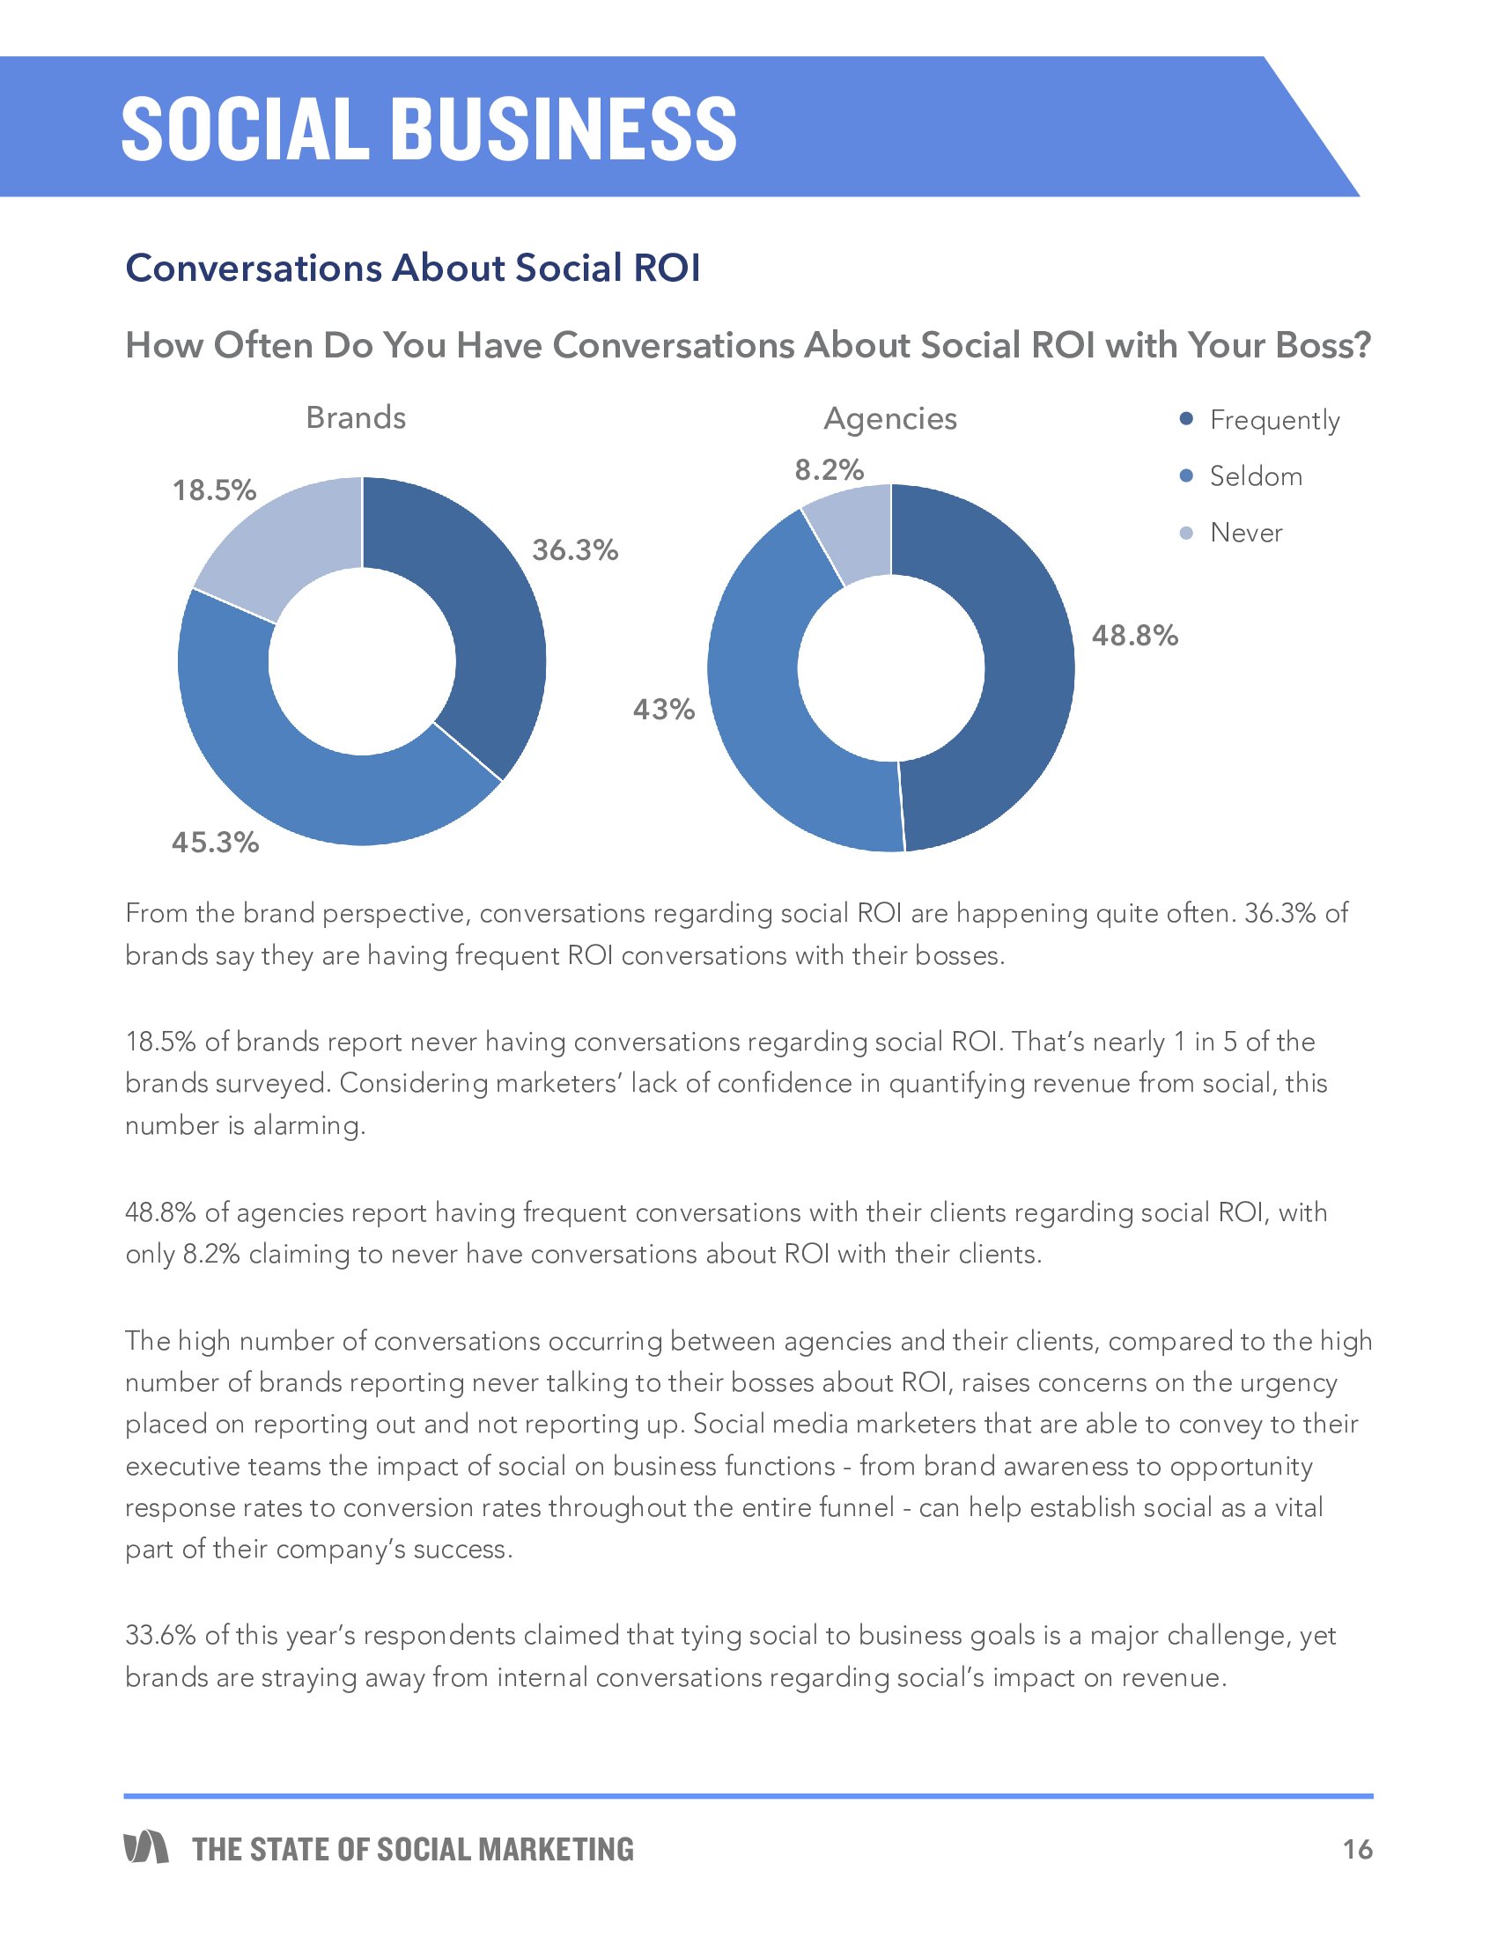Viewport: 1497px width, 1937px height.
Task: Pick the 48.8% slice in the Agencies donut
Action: coord(1020,674)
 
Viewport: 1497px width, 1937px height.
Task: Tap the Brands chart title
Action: coord(356,417)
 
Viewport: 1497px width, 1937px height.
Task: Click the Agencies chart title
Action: coord(889,418)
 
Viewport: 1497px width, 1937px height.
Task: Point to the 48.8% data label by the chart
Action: coord(1134,636)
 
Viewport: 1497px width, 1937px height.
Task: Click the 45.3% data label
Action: coord(216,842)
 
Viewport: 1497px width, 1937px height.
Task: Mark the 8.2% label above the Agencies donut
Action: coord(830,470)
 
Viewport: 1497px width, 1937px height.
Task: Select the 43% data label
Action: coord(663,710)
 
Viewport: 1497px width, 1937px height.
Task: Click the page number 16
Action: coord(1357,1849)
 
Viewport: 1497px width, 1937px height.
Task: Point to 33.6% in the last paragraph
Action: coord(159,1635)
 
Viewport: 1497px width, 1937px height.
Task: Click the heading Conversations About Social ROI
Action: coord(412,268)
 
